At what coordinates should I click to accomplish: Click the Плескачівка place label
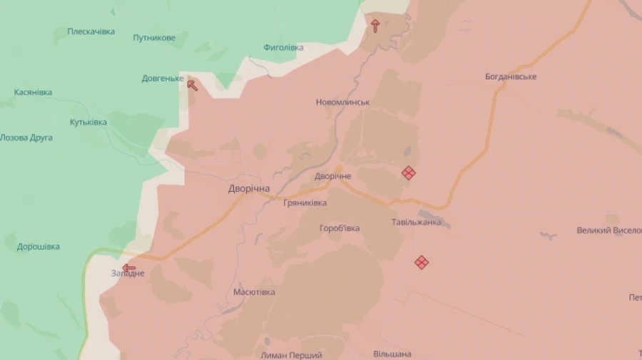click(x=91, y=31)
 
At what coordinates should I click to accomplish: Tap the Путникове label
click(x=154, y=37)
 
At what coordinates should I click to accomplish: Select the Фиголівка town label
click(x=283, y=48)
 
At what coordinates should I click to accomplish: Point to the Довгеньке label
click(x=163, y=78)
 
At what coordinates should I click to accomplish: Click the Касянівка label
click(x=33, y=93)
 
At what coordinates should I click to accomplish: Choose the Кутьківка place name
click(x=88, y=122)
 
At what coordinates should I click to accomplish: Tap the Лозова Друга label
click(x=26, y=138)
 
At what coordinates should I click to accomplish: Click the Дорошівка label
click(x=39, y=247)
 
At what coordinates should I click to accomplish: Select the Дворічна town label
click(x=249, y=189)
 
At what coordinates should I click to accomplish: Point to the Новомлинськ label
click(x=342, y=102)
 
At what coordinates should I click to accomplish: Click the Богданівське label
click(x=511, y=76)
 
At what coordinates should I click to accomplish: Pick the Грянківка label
click(x=305, y=203)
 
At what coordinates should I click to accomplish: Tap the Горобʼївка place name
click(x=339, y=228)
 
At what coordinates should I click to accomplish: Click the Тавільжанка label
click(x=416, y=222)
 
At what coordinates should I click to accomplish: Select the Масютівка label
click(x=254, y=292)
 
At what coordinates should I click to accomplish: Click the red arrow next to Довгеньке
click(x=192, y=86)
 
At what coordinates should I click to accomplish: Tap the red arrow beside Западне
click(x=129, y=268)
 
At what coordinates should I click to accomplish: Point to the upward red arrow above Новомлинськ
click(x=375, y=26)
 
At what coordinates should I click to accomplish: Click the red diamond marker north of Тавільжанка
click(x=408, y=173)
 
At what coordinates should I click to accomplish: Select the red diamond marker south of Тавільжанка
click(x=422, y=262)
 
